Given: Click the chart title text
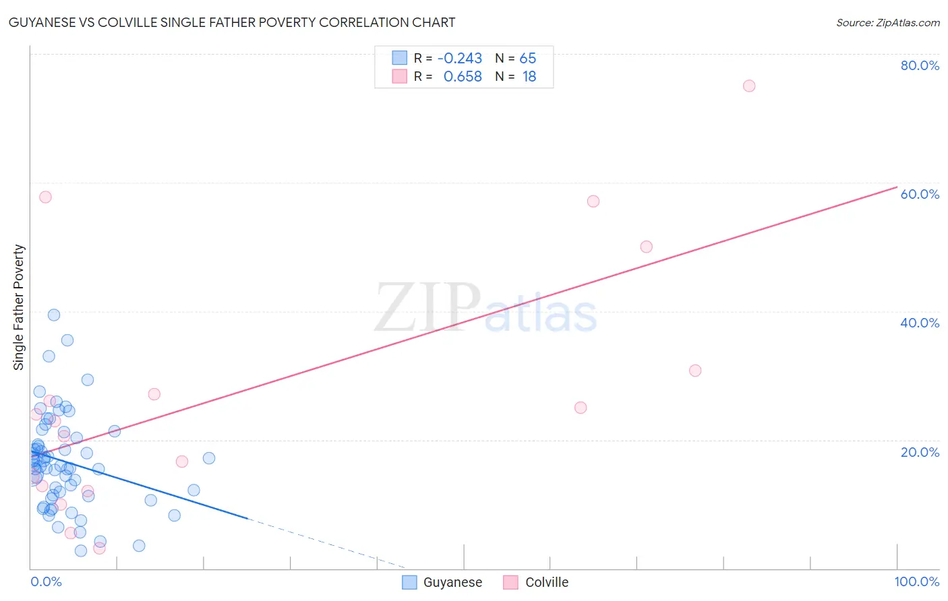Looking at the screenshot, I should click(x=232, y=22).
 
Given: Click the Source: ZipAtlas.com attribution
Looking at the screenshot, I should click(x=887, y=22).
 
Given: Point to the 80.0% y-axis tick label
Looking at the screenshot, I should click(x=920, y=65).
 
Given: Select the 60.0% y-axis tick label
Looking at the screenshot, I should click(x=920, y=194).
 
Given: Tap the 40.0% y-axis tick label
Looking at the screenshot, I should click(x=920, y=323).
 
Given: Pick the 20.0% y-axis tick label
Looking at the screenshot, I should click(x=920, y=452).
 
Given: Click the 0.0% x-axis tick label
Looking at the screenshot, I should click(x=46, y=581).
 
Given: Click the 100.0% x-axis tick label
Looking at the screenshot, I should click(x=917, y=581).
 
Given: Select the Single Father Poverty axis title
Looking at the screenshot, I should click(x=19, y=307).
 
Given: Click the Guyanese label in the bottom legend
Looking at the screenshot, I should click(x=452, y=582).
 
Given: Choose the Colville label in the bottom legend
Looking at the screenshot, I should click(x=547, y=582).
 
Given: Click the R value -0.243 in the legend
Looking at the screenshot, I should click(x=460, y=59).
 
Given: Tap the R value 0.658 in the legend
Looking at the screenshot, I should click(x=463, y=77).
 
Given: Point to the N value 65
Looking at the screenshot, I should click(x=528, y=59).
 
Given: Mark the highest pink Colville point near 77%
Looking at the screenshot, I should click(x=749, y=86).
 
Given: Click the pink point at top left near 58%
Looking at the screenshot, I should click(x=45, y=197).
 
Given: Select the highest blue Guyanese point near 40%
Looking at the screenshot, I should click(x=54, y=315).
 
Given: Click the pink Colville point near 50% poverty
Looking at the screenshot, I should click(x=646, y=247).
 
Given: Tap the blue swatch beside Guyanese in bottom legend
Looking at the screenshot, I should click(x=409, y=582).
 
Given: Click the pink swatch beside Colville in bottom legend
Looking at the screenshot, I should click(x=510, y=582).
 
